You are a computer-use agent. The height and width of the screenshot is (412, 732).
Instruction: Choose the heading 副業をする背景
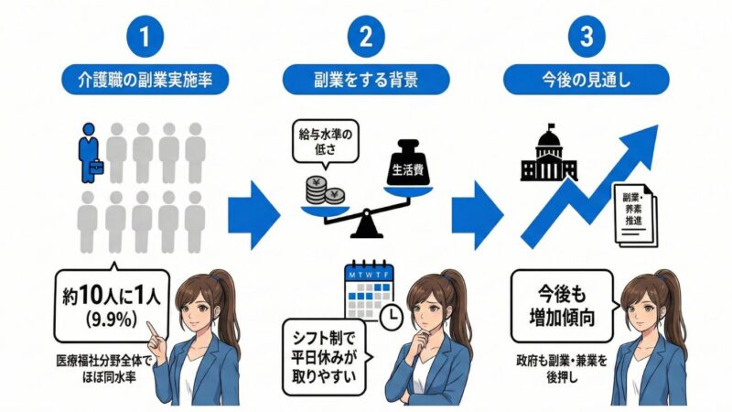coord(366,79)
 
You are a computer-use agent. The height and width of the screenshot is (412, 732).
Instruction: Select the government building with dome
coord(545,157)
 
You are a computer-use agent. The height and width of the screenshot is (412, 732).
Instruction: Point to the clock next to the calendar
coord(391,316)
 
